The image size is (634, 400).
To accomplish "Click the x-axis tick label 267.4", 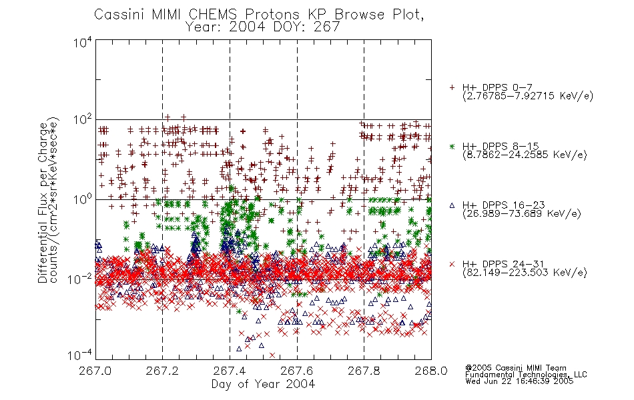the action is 230,371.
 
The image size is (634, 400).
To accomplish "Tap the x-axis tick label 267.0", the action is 95,371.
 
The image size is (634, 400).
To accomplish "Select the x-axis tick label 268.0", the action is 431,371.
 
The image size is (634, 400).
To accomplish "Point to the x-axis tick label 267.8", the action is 364,371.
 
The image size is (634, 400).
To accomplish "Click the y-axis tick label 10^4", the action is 83,42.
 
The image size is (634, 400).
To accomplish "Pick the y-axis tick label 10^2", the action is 83,120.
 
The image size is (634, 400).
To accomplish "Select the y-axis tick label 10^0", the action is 83,199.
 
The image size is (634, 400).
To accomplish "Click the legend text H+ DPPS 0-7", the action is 497,88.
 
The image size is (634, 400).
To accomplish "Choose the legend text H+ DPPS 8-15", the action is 501,146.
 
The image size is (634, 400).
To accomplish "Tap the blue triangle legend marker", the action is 452,205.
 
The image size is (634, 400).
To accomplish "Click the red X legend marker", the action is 452,264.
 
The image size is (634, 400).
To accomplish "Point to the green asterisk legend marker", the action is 452,146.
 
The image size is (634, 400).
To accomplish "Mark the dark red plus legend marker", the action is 452,88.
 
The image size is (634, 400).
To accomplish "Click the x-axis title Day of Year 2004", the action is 263,384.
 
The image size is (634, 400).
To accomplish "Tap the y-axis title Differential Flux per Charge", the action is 43,203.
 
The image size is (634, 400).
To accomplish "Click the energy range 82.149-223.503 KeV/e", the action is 525,273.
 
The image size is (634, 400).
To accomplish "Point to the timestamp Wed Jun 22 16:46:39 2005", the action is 519,381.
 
